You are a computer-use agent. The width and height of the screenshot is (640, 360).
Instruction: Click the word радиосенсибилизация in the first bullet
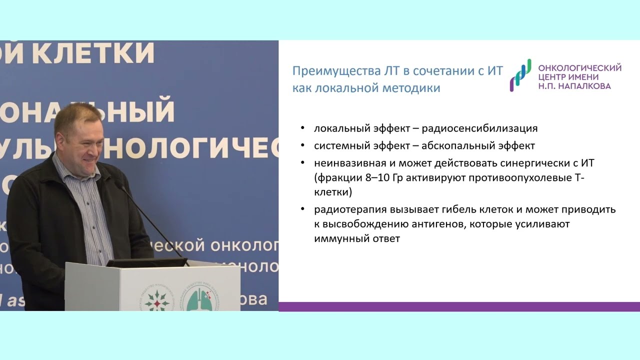click(479, 128)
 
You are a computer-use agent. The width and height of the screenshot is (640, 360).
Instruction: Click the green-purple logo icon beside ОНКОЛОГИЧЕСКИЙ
click(520, 75)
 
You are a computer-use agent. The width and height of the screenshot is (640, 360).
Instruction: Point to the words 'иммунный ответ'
click(357, 239)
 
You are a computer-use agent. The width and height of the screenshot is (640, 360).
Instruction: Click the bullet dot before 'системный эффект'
click(303, 146)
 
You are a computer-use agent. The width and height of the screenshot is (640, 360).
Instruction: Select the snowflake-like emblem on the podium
click(153, 300)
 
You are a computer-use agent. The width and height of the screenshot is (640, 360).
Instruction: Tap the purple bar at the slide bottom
click(459, 306)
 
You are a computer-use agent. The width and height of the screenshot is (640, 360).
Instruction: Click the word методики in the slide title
click(411, 88)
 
